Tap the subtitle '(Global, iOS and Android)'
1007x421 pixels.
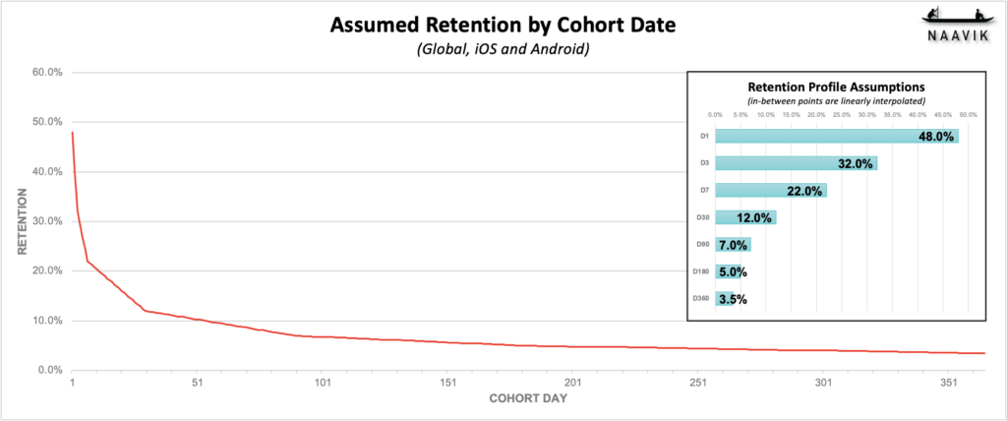click(x=503, y=48)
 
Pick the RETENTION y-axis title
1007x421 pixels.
click(x=23, y=221)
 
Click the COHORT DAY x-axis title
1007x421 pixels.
click(x=527, y=400)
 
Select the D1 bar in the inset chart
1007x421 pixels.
click(x=836, y=137)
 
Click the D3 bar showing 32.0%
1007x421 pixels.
click(x=796, y=163)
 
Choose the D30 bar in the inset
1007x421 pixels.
click(x=745, y=217)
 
